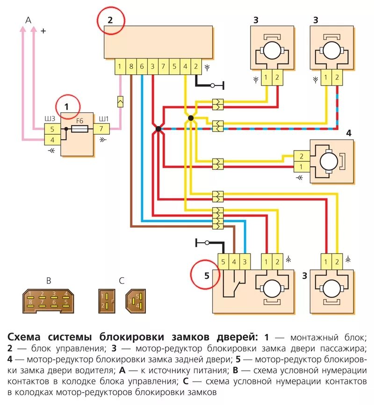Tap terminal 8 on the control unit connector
pos(131,66)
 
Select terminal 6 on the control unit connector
pos(142,66)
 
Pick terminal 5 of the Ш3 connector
pos(52,129)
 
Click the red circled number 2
pos(111,21)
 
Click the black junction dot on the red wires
pos(158,129)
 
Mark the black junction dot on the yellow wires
pos(190,118)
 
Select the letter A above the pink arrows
pos(28,20)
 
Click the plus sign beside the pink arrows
pos(43,31)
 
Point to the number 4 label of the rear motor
pos(348,133)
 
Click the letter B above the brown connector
pos(49,281)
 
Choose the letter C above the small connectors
pos(122,281)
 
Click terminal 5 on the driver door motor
pos(223,261)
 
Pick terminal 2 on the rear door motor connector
pos(302,156)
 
